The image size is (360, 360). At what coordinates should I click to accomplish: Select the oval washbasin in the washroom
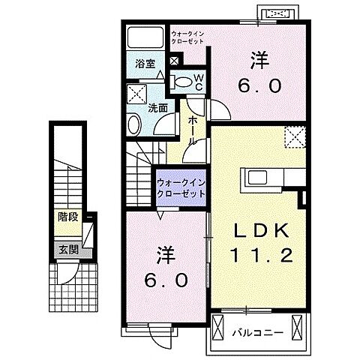(x=133, y=125)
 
